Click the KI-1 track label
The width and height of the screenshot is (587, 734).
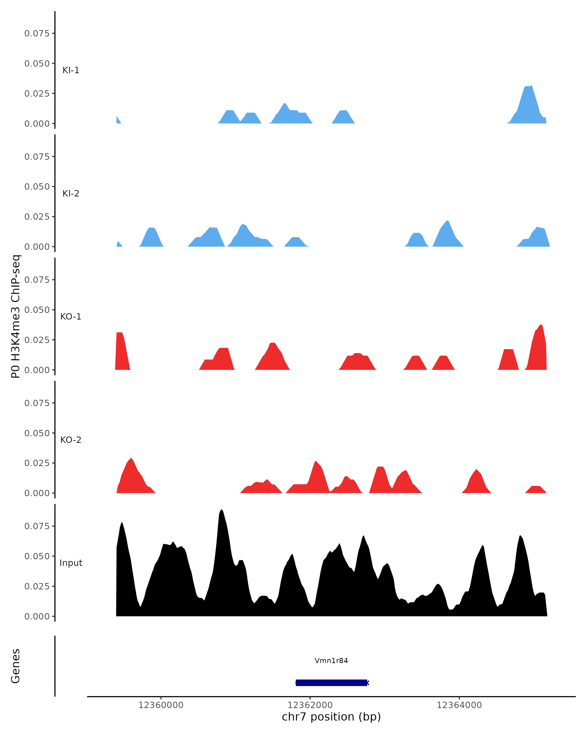[x=71, y=70]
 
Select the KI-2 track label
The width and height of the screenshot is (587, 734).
[x=71, y=193]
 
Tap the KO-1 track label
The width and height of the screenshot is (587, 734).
[x=71, y=317]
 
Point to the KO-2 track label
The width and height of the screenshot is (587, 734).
[x=71, y=440]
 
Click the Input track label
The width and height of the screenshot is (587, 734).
[x=71, y=563]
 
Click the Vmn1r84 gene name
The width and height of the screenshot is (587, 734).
[x=331, y=661]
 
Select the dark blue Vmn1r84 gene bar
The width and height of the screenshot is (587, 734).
[x=331, y=683]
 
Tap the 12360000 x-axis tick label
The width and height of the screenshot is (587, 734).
[x=161, y=705]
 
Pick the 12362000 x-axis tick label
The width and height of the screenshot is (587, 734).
[x=310, y=705]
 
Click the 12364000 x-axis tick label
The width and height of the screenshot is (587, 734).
[x=459, y=705]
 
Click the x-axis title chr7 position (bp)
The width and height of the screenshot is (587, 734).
[x=331, y=717]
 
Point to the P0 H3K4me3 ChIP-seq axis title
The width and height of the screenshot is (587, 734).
[x=16, y=316]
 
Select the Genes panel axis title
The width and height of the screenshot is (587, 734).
[x=16, y=666]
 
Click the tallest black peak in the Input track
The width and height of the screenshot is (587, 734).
[x=222, y=511]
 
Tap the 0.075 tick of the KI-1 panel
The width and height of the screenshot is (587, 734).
[x=37, y=33]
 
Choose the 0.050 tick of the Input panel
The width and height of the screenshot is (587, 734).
[x=37, y=556]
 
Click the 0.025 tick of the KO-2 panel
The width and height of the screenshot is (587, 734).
[x=37, y=463]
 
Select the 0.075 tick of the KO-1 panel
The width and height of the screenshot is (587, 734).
[x=37, y=280]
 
